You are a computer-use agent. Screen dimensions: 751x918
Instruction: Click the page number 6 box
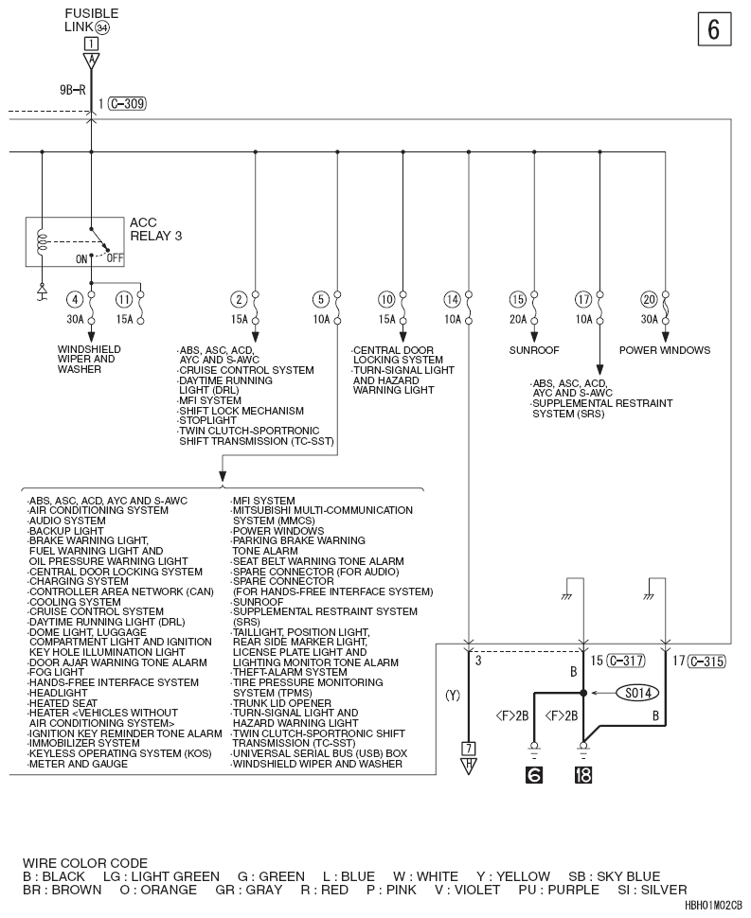pos(714,28)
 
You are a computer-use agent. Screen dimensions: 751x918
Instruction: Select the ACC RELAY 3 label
pos(156,229)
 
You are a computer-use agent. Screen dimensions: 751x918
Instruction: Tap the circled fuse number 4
pos(75,300)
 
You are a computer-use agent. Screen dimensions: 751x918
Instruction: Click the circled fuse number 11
pos(124,300)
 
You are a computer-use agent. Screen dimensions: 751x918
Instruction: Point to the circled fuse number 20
pos(649,300)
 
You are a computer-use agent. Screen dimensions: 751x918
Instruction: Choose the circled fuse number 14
pos(452,300)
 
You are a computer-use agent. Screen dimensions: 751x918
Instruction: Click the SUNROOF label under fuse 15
pos(534,350)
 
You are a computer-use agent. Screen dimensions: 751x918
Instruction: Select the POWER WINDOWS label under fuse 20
pos(665,350)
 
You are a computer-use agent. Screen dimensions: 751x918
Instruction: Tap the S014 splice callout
pos(638,693)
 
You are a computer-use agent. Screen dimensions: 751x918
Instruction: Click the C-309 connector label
pos(127,103)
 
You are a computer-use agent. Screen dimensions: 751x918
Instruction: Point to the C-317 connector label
pos(626,661)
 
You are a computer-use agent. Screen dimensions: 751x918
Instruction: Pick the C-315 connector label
pos(707,661)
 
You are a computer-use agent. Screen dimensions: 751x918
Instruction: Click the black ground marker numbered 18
pos(582,774)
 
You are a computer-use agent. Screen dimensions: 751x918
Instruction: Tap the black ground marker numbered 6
pos(534,774)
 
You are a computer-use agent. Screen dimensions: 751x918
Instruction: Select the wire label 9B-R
pos(73,90)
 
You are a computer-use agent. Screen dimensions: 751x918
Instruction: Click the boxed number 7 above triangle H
pos(468,749)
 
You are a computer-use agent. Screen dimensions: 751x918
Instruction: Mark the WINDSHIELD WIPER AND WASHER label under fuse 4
pos(89,359)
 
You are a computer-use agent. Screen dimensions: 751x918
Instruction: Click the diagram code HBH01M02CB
pos(713,905)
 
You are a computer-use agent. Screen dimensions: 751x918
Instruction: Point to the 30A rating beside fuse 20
pos(649,319)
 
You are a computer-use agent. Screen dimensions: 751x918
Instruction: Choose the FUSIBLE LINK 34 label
pos(91,21)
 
